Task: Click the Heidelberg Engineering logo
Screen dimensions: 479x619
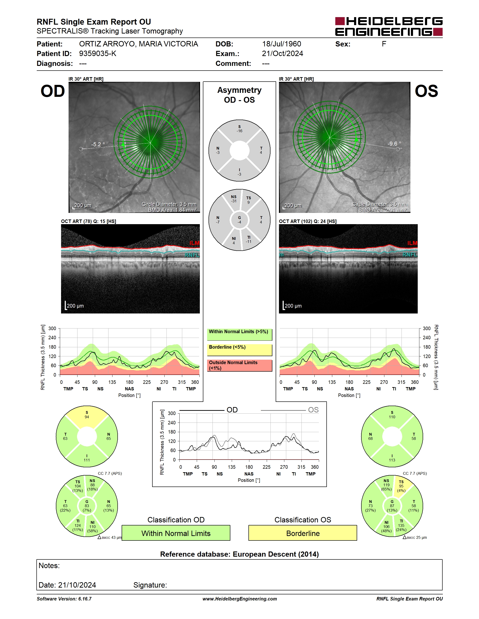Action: point(389,26)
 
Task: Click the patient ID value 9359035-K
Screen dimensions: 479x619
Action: point(98,53)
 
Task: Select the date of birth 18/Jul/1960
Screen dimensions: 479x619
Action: point(282,44)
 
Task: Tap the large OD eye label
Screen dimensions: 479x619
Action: point(53,91)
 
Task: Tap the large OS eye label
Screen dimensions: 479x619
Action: point(426,91)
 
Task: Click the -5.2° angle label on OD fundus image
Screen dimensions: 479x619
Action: point(98,144)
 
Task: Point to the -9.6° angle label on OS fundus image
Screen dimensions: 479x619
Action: point(394,144)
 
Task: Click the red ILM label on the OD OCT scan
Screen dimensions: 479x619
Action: point(194,243)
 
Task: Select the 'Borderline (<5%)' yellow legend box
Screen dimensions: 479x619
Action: point(239,350)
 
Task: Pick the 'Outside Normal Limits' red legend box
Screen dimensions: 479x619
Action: point(239,365)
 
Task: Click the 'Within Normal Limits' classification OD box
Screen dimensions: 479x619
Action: point(176,533)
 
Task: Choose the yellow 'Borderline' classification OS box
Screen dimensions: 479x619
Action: point(303,533)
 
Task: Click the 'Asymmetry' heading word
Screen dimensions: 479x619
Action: point(239,90)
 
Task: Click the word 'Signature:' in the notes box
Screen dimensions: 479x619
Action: point(150,585)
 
